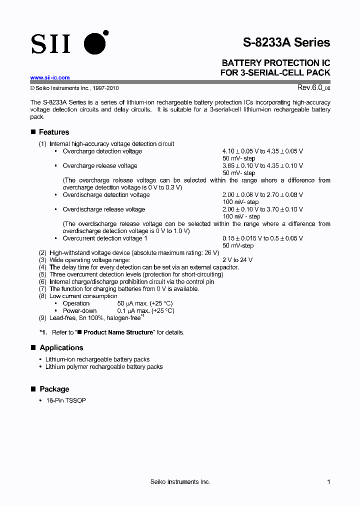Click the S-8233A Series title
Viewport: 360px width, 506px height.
tap(286, 42)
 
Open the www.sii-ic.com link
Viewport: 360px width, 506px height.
tap(50, 77)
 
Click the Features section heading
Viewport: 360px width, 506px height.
tap(54, 132)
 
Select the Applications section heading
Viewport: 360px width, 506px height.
tap(61, 347)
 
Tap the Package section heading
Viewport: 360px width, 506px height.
tap(54, 389)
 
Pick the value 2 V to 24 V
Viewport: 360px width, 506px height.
tap(237, 260)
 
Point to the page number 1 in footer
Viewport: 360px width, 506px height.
tap(328, 482)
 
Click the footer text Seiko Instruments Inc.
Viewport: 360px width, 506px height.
tap(180, 482)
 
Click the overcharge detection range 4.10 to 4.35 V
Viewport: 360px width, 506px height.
tap(262, 151)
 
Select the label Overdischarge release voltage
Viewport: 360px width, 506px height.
tap(103, 209)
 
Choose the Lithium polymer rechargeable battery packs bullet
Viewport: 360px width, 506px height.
tap(103, 366)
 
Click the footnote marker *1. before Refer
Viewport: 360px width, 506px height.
tap(43, 332)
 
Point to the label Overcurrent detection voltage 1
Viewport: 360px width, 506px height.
tap(105, 238)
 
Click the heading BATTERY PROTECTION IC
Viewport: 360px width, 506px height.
tap(275, 63)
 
